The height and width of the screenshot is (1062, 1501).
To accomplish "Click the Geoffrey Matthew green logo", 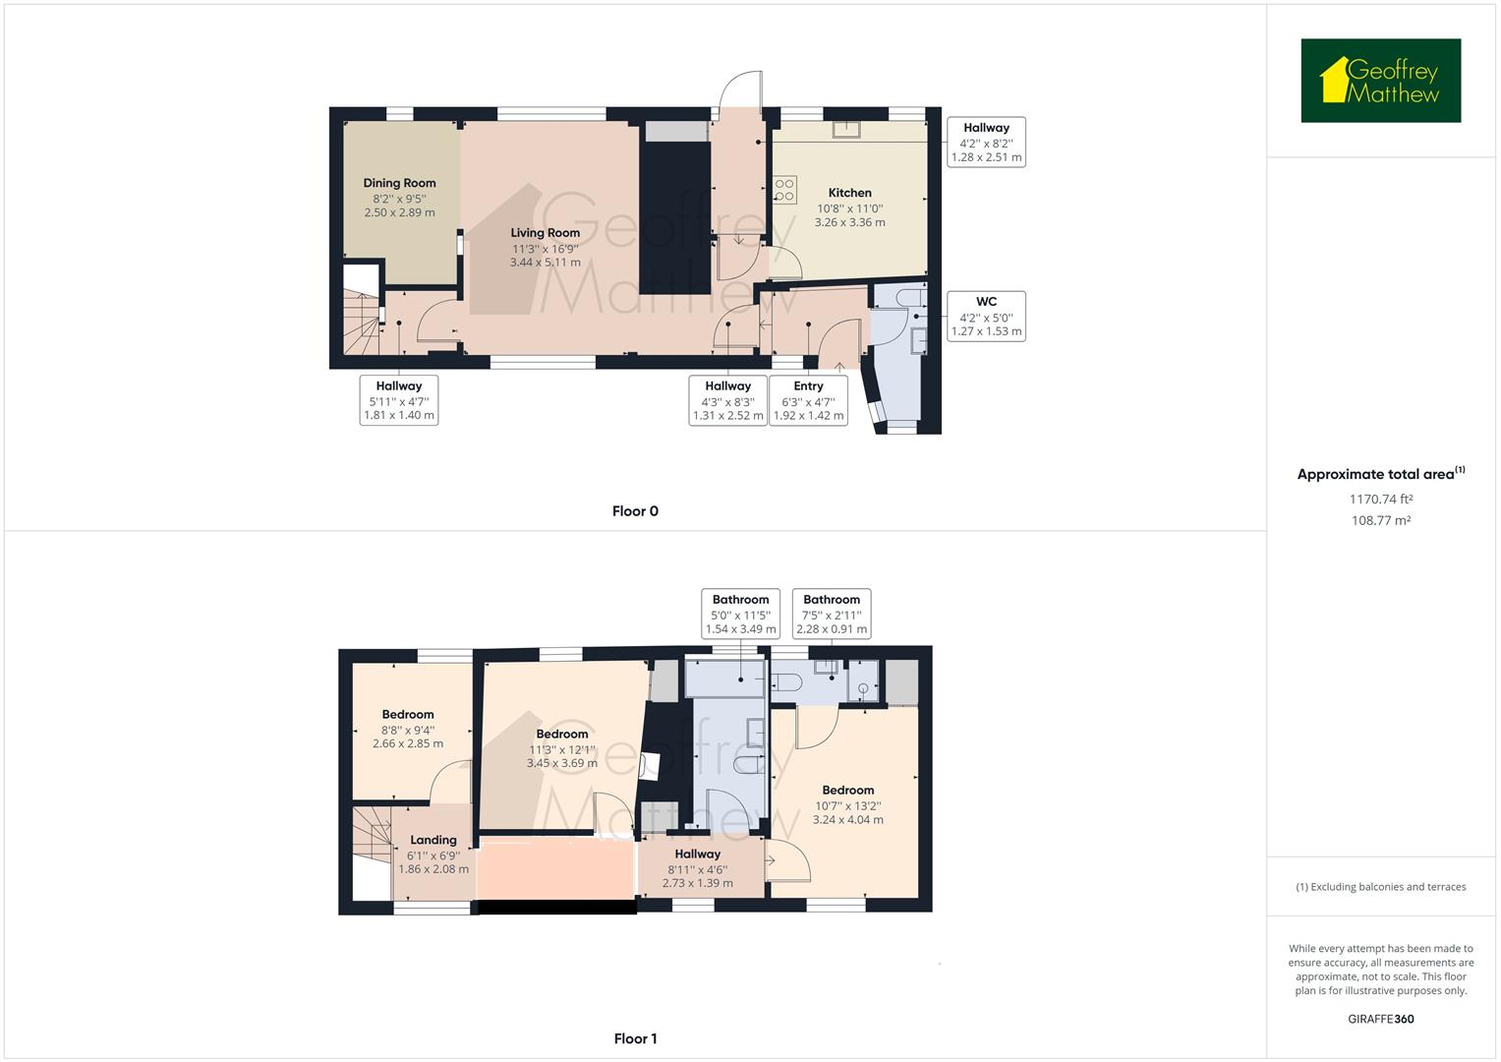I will (x=1380, y=81).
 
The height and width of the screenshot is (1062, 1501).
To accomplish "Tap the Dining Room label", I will (x=399, y=183).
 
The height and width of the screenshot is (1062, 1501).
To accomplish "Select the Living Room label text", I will (x=545, y=233).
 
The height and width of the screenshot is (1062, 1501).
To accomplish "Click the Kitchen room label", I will (x=849, y=193).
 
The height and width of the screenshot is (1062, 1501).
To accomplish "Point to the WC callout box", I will (x=986, y=316).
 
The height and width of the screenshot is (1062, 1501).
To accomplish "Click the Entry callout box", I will (x=808, y=400).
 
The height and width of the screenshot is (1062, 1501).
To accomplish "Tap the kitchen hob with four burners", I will (x=784, y=190).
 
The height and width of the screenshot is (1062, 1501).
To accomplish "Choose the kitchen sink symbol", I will (x=843, y=129).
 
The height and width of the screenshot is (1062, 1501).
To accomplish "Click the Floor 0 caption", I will (x=635, y=511).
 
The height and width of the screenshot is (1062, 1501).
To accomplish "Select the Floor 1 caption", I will (x=635, y=1038).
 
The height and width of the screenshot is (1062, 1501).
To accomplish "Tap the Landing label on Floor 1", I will (x=433, y=840).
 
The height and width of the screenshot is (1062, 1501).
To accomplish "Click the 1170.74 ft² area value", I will (x=1380, y=499).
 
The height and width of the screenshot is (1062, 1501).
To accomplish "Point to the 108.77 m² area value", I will (x=1380, y=520).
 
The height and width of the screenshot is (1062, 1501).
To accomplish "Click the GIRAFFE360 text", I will (x=1380, y=1019).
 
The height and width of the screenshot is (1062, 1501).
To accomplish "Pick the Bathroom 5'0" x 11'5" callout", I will (x=740, y=614).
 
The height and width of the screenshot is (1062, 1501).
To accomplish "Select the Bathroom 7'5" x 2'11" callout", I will (x=832, y=614).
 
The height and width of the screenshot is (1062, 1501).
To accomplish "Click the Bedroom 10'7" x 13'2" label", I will (x=847, y=791).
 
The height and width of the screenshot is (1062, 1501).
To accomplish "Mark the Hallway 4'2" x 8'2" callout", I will (x=986, y=142).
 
